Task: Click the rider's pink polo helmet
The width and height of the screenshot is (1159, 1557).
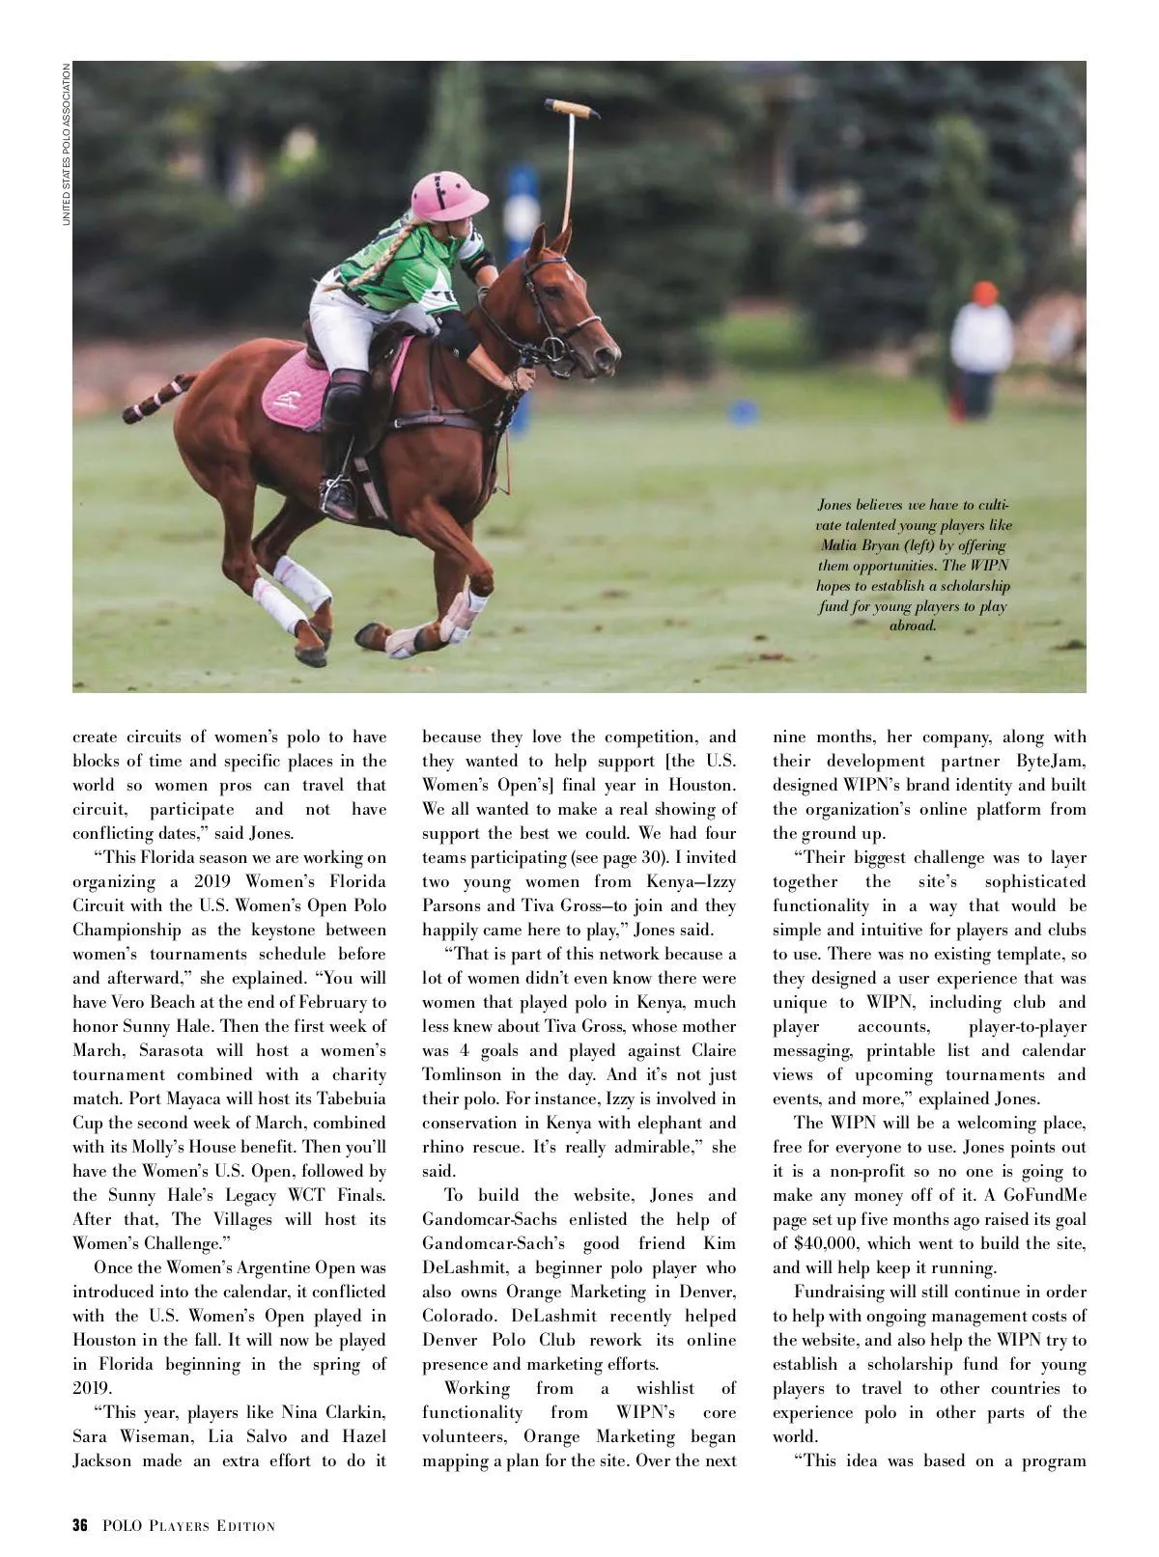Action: click(x=449, y=195)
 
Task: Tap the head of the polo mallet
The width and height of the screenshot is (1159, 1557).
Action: click(x=572, y=108)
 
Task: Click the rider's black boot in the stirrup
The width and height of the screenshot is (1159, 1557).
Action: click(x=340, y=495)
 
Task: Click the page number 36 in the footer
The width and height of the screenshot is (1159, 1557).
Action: click(x=80, y=1526)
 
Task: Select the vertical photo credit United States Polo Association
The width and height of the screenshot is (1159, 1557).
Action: click(x=67, y=145)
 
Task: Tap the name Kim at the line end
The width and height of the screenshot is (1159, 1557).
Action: click(x=719, y=1243)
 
